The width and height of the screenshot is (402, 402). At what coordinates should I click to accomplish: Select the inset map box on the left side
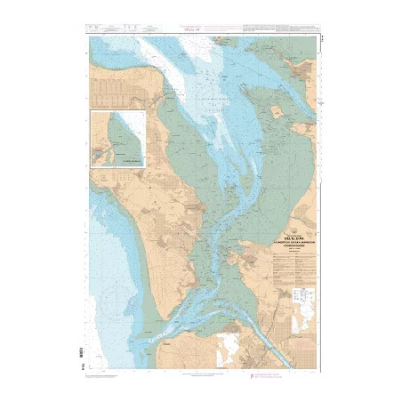(120, 139)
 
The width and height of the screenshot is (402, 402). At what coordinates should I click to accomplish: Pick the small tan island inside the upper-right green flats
(277, 113)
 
